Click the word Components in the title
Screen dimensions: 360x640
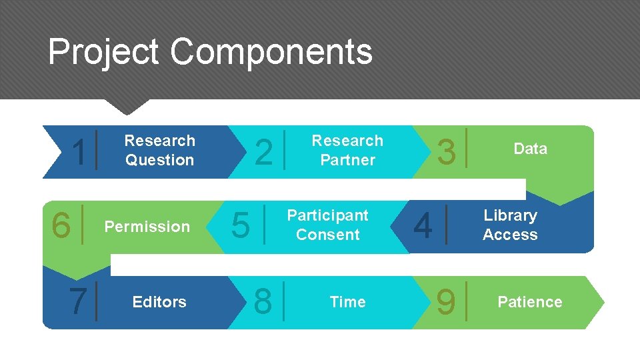pyautogui.click(x=271, y=52)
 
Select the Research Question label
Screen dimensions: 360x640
pyautogui.click(x=159, y=151)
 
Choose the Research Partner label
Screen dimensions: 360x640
pyautogui.click(x=347, y=151)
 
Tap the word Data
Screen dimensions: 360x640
pyautogui.click(x=530, y=149)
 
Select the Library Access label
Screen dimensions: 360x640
pyautogui.click(x=510, y=225)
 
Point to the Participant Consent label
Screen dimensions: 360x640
pyautogui.click(x=327, y=225)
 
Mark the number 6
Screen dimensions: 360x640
pyautogui.click(x=61, y=226)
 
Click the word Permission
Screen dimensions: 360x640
pyautogui.click(x=147, y=227)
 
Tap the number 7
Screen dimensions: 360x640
pyautogui.click(x=78, y=302)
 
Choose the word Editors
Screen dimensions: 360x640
pyautogui.click(x=159, y=303)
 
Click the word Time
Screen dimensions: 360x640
pyautogui.click(x=347, y=303)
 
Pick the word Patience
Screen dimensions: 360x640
pyautogui.click(x=530, y=303)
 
